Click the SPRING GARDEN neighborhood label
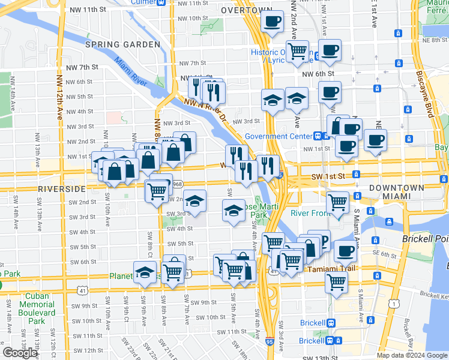click(122, 45)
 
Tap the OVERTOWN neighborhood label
click(246, 11)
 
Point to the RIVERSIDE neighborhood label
click(62, 188)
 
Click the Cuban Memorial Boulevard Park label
click(40, 308)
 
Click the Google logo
click(20, 353)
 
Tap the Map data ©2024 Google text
click(411, 355)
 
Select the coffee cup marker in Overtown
click(272, 22)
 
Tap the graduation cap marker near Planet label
click(144, 272)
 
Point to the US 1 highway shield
click(393, 304)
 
